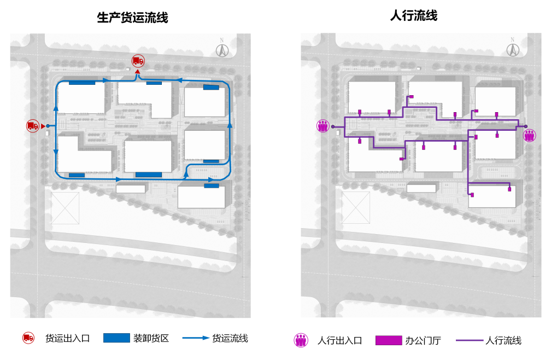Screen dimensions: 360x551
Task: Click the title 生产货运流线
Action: tap(132, 18)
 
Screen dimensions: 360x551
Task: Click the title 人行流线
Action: tap(414, 16)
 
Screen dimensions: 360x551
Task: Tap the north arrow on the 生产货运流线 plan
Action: tap(222, 49)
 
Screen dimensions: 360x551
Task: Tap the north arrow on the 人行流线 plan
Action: tap(512, 49)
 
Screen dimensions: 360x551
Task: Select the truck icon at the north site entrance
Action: tap(138, 61)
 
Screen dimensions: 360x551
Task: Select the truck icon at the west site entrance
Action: tap(33, 126)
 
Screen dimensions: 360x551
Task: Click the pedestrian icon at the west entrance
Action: tap(323, 126)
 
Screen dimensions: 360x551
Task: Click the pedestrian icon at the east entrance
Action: tap(529, 135)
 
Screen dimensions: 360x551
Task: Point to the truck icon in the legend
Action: tap(28, 338)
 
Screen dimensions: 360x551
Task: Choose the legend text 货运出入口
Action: tap(67, 338)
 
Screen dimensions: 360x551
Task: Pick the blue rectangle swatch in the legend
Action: tap(116, 338)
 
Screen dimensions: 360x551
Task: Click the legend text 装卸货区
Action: tap(151, 338)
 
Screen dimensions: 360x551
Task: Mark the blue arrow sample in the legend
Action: tap(196, 338)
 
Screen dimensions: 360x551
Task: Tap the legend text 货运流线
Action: tap(230, 338)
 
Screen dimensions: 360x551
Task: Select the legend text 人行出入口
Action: tap(339, 340)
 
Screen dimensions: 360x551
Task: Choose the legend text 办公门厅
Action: tap(423, 340)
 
